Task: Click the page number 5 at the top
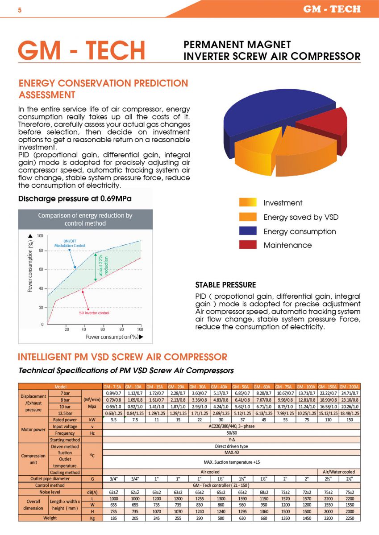[x=20, y=10]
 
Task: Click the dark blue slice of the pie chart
[x=268, y=112]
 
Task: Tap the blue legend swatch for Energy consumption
[x=248, y=231]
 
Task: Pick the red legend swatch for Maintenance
[x=248, y=245]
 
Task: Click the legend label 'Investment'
[x=283, y=203]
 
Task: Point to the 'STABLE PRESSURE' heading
[x=225, y=285]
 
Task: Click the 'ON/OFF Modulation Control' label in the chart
[x=70, y=243]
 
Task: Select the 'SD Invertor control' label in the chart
[x=94, y=313]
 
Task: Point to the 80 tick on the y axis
[x=41, y=251]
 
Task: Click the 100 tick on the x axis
[x=140, y=329]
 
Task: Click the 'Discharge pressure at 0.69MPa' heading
[x=75, y=199]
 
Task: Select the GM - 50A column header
[x=242, y=387]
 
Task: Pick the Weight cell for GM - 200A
[x=350, y=518]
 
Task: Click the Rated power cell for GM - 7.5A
[x=113, y=420]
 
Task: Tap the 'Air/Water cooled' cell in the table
[x=339, y=472]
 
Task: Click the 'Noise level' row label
[x=50, y=492]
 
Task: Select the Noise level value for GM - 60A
[x=264, y=492]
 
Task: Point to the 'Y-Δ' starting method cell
[x=232, y=440]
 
